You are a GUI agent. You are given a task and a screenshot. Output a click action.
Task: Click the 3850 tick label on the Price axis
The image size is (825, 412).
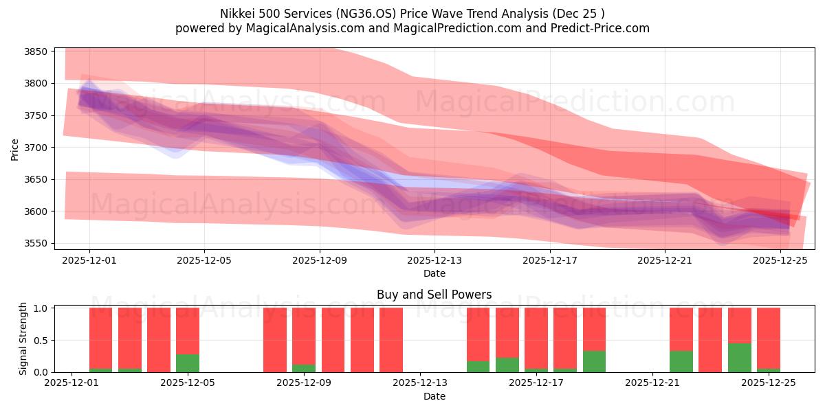tap(35, 51)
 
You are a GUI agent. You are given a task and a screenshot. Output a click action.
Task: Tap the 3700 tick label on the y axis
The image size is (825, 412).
tap(35, 148)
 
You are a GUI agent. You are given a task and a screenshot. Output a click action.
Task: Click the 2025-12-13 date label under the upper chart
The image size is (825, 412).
tap(434, 260)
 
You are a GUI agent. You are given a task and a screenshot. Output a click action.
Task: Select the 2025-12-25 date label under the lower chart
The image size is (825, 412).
tap(768, 383)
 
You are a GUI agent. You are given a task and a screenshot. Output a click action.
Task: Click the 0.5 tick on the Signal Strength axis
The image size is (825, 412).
tap(41, 340)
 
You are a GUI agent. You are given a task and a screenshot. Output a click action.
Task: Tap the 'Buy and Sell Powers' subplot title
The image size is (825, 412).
tap(434, 295)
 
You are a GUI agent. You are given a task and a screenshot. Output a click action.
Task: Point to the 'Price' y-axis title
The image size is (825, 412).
tap(15, 148)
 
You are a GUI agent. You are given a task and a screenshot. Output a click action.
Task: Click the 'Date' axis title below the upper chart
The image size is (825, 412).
tap(434, 273)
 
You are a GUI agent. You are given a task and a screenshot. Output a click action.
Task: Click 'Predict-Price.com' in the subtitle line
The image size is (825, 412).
tap(598, 28)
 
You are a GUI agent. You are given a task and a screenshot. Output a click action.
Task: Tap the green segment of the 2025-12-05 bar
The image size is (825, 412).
tap(188, 363)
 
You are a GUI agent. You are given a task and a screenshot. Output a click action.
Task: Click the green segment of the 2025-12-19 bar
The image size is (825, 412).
tap(594, 361)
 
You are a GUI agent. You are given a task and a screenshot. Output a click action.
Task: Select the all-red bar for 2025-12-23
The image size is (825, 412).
tap(710, 340)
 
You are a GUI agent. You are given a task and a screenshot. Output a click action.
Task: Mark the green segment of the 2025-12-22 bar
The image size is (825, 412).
tap(681, 361)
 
